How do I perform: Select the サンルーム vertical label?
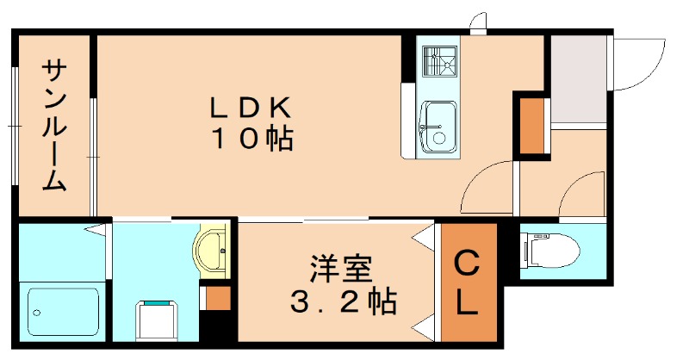(53, 126)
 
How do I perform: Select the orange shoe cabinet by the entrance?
(531, 125)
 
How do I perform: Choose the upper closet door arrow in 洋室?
(424, 236)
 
